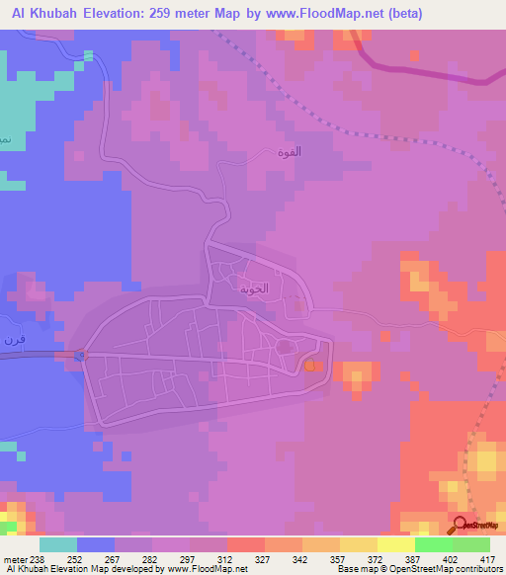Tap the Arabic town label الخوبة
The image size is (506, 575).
point(254,292)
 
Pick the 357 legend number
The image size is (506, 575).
point(338,559)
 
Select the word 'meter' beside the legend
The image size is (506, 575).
point(15,559)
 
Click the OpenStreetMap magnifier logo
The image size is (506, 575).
point(461,524)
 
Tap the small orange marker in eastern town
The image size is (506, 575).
point(311,367)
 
